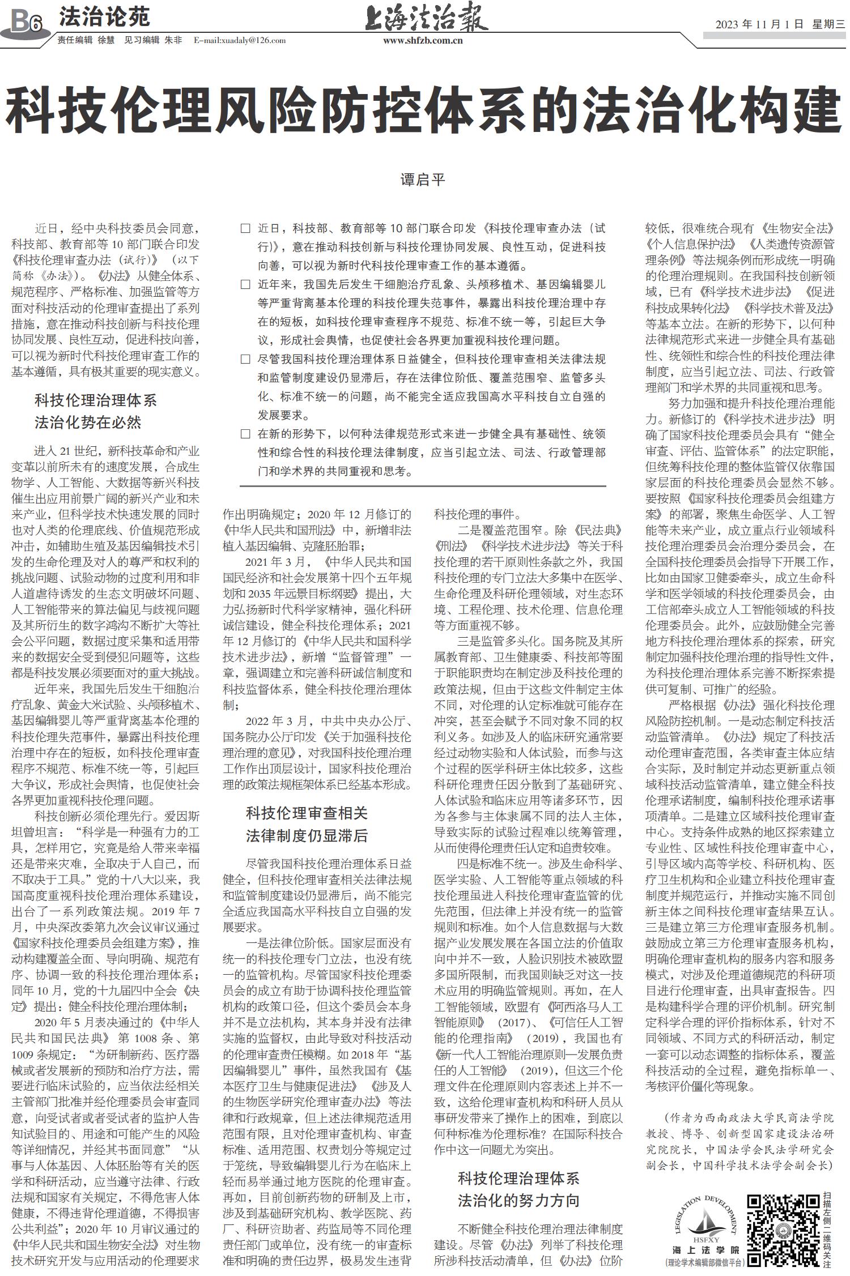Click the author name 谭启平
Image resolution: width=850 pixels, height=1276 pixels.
pyautogui.click(x=423, y=180)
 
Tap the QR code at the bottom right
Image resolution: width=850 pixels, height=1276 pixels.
pyautogui.click(x=781, y=1223)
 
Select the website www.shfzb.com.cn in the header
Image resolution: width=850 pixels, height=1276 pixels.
pyautogui.click(x=423, y=41)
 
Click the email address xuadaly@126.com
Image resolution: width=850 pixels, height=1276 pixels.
pyautogui.click(x=239, y=41)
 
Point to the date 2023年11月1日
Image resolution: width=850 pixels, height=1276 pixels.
pyautogui.click(x=759, y=24)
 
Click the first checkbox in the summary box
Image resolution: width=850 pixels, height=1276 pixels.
pyautogui.click(x=245, y=229)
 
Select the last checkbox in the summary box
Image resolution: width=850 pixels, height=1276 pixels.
pyautogui.click(x=245, y=434)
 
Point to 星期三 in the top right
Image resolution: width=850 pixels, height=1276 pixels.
pyautogui.click(x=828, y=24)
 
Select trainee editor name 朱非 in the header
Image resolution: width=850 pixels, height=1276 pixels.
pyautogui.click(x=173, y=41)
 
